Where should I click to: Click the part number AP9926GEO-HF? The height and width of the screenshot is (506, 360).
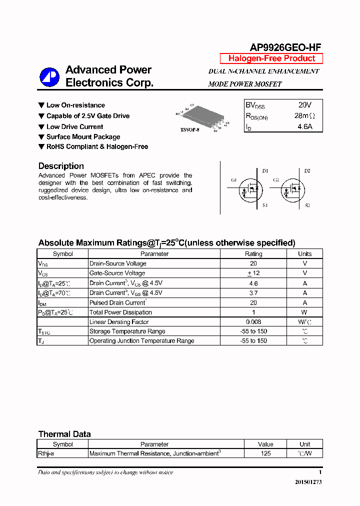click(285, 47)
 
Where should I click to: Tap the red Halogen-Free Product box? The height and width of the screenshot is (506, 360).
click(271, 58)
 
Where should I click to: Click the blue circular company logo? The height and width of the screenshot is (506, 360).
click(49, 76)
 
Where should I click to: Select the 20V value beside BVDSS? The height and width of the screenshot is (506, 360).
click(304, 105)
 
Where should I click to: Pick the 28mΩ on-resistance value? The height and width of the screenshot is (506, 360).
click(304, 116)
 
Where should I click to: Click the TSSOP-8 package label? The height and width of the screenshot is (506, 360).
click(189, 130)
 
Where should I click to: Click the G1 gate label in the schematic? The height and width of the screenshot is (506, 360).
click(233, 180)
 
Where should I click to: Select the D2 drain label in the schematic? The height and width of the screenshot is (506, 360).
click(307, 171)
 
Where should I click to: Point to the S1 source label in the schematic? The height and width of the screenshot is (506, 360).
click(265, 205)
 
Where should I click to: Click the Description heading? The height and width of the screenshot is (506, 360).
click(61, 166)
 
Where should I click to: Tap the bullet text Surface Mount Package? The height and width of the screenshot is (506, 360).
click(83, 136)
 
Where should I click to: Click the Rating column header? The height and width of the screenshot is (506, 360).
click(253, 253)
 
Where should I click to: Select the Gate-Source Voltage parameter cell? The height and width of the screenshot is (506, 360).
click(117, 273)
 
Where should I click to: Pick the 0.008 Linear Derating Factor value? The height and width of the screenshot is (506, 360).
click(253, 322)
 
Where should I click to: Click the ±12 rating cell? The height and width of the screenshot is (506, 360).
click(253, 273)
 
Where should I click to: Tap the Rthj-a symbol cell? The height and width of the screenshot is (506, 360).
click(48, 453)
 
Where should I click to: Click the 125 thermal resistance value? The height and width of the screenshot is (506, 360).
click(265, 453)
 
